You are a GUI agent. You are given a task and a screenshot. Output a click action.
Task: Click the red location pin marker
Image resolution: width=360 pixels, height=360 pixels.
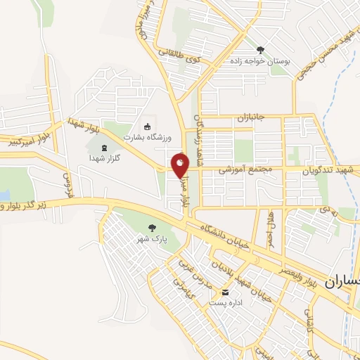point(180,165)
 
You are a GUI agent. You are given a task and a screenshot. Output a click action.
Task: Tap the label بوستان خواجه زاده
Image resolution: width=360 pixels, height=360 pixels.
point(260,62)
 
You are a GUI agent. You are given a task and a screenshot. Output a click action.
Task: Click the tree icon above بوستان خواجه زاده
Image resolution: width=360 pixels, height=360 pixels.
point(261,50)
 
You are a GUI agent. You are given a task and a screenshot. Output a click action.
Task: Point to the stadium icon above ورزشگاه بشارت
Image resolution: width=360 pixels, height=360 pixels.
point(146,127)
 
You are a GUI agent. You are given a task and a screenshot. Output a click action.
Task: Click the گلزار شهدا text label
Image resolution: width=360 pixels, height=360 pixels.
point(105,159)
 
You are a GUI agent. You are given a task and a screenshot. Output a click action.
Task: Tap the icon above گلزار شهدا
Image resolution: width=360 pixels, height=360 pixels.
point(105,148)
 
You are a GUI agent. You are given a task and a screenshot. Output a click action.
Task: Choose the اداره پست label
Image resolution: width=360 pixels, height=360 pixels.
point(225,303)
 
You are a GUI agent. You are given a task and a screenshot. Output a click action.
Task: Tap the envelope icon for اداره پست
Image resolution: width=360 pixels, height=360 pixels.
point(225,292)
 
